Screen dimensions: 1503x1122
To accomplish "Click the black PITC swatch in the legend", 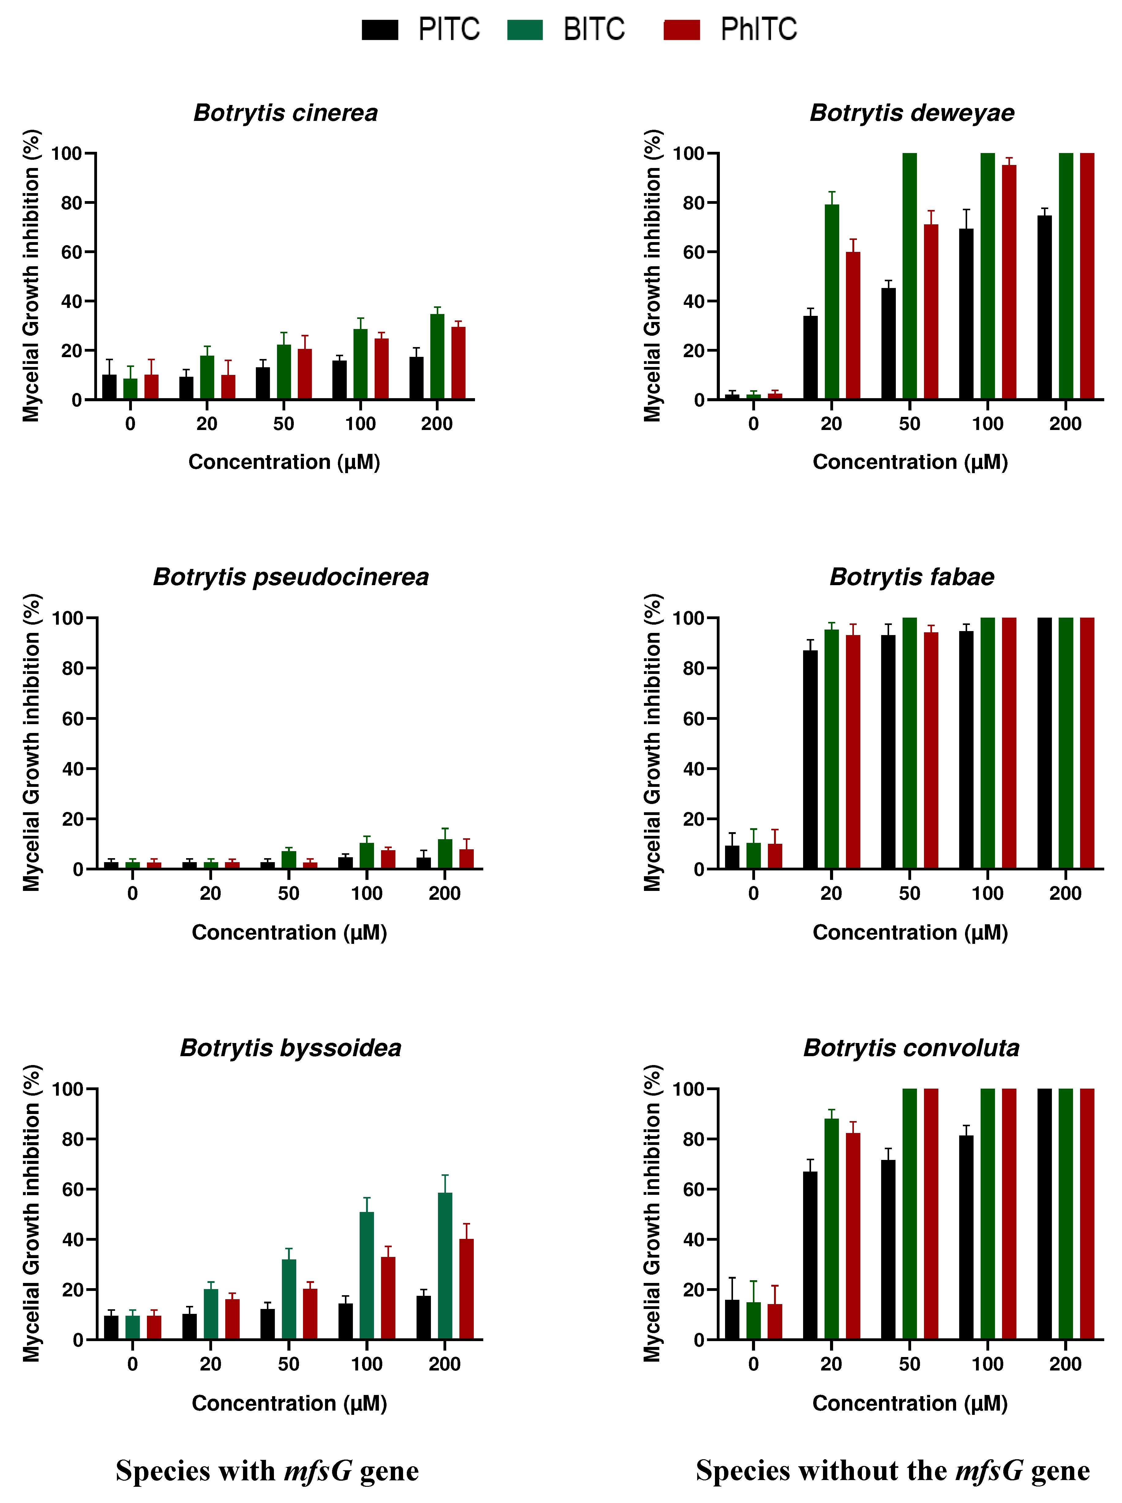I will pyautogui.click(x=380, y=30).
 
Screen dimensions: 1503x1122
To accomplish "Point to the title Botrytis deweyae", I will pyautogui.click(x=911, y=113).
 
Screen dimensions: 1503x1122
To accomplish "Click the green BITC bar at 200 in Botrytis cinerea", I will pyautogui.click(x=437, y=357).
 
